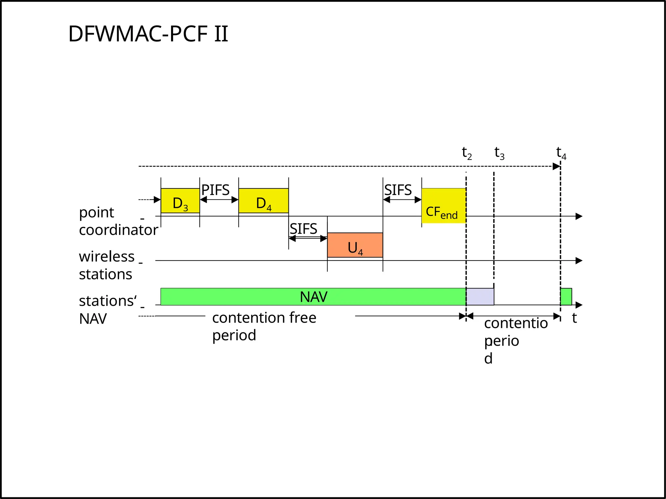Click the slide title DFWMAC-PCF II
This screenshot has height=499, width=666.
[148, 34]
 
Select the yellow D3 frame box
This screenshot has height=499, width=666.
[180, 201]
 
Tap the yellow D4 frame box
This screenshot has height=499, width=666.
[263, 201]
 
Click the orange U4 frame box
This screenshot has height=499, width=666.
[355, 245]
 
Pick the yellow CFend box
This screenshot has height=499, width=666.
[444, 206]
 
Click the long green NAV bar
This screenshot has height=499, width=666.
[313, 297]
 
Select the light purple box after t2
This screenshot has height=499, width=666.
[480, 297]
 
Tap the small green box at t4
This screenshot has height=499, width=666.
[566, 297]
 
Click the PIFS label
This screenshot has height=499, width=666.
[215, 190]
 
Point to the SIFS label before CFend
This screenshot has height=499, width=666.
[398, 190]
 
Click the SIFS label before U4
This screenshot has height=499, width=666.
[303, 229]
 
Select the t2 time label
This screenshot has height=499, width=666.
[467, 153]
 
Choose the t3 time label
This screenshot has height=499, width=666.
[499, 153]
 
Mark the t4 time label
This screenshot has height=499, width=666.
[561, 153]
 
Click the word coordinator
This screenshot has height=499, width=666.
[118, 230]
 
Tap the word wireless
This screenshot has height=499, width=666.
[107, 257]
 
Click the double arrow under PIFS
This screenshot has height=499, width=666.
[219, 200]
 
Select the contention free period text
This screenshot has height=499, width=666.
[264, 326]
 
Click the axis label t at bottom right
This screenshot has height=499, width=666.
[574, 318]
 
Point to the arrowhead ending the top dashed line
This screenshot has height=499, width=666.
[556, 167]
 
